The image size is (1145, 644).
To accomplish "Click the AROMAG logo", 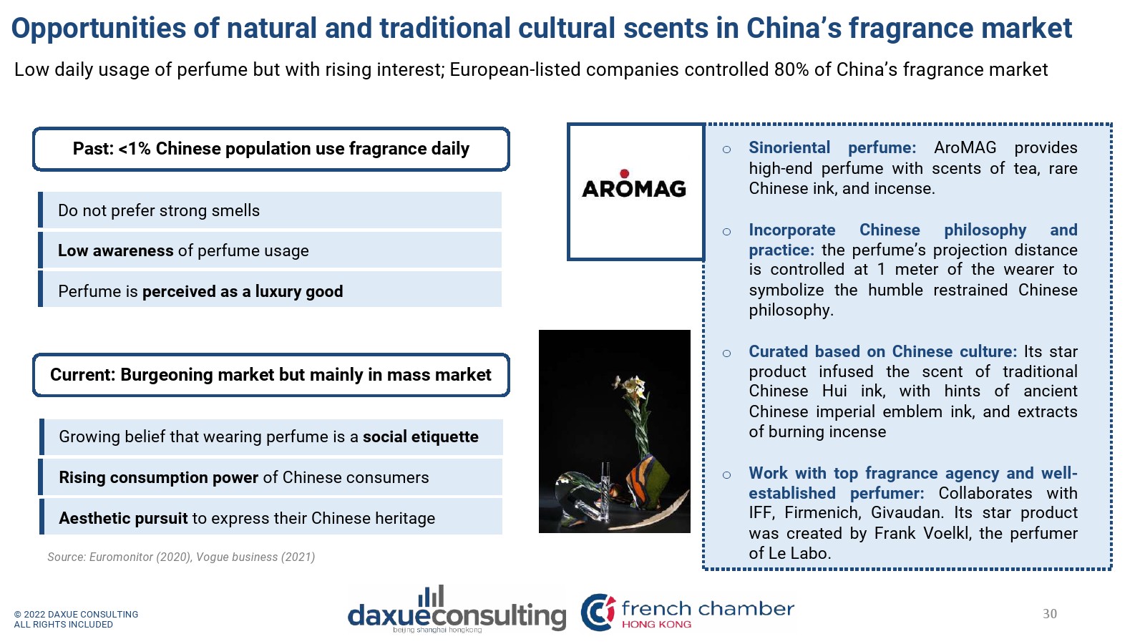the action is tap(634, 185).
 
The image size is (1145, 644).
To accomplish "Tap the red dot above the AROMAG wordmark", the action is tap(624, 173).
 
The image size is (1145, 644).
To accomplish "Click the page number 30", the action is tap(1049, 614).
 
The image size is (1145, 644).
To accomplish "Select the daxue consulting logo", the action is tap(457, 609).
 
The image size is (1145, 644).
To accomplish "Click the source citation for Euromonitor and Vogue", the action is tap(181, 557).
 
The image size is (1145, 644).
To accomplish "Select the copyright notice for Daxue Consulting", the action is tap(76, 619).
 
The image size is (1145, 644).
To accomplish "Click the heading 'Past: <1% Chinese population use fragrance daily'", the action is tap(271, 149).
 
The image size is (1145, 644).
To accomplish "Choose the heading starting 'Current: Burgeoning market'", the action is tap(271, 375).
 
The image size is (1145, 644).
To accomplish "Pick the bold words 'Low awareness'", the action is tap(115, 250).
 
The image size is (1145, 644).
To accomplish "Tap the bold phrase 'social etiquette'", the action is tap(421, 436).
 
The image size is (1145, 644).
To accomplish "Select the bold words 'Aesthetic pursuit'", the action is tap(123, 518).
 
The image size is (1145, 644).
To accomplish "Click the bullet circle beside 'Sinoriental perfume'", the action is tap(726, 150).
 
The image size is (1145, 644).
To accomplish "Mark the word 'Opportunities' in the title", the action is tap(99, 29).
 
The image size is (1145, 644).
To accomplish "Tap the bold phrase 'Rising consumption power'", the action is tap(158, 477).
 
